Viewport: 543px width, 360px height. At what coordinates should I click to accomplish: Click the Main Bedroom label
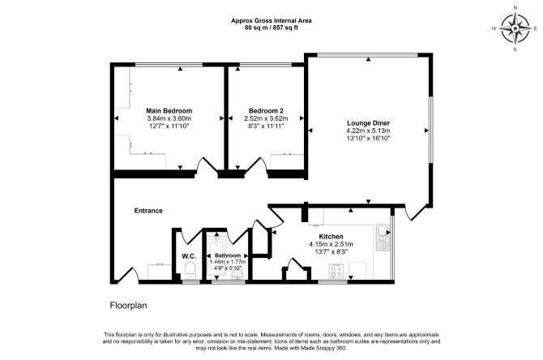[x=169, y=111]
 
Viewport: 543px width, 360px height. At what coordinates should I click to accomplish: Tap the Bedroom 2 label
[x=266, y=111]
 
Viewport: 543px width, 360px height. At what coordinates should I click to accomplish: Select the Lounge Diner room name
[x=369, y=123]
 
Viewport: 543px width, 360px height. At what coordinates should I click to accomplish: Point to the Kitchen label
[x=331, y=237]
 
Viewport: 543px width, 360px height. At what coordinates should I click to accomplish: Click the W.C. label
[x=189, y=256]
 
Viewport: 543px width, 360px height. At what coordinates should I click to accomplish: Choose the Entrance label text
[x=148, y=211]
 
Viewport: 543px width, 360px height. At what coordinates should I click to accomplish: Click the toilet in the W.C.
[x=190, y=270]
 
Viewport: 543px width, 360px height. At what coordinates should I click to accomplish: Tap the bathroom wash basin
[x=237, y=274]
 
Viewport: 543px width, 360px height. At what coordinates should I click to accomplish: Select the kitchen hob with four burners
[x=336, y=271]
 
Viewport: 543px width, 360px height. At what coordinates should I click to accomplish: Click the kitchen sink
[x=383, y=238]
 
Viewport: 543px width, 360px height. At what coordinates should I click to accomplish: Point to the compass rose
[x=515, y=28]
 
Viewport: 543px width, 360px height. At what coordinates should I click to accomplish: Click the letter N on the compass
[x=515, y=17]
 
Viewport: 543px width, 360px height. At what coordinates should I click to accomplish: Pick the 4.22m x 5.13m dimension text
[x=369, y=131]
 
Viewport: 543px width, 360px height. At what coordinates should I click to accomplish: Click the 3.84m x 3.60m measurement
[x=169, y=118]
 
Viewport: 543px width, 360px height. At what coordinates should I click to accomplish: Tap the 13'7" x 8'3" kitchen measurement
[x=331, y=252]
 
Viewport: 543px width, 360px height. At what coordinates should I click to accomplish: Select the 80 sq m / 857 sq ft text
[x=271, y=28]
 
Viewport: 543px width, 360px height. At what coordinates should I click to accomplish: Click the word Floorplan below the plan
[x=129, y=306]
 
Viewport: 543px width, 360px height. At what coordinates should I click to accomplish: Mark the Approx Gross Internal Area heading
[x=271, y=21]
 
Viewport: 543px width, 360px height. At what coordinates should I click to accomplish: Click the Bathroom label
[x=228, y=255]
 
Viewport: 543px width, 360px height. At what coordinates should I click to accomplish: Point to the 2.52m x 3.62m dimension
[x=266, y=118]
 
